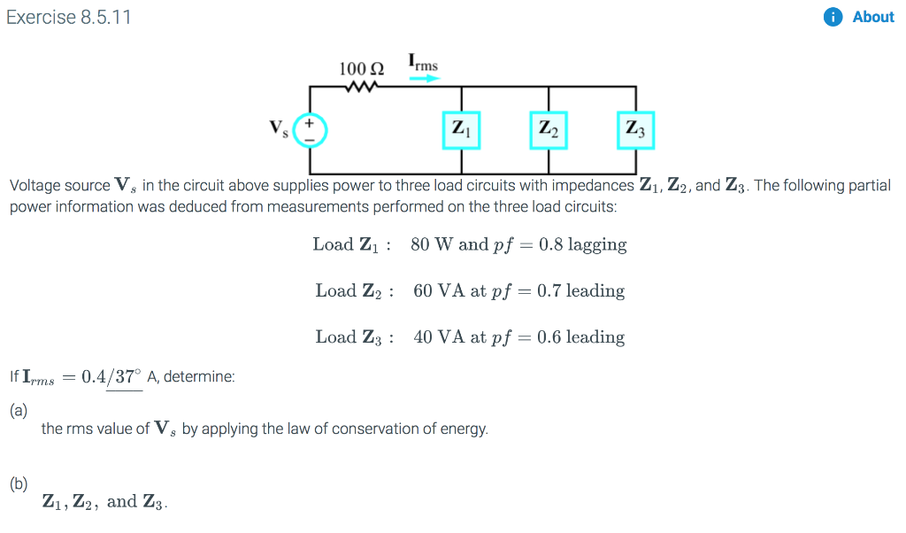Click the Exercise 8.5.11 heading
69,17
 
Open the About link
872,17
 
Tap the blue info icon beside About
833,17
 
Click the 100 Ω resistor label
361,69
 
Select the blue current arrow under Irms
424,78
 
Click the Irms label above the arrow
423,63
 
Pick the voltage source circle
311,130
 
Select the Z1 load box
460,130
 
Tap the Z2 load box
549,130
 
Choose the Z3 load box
635,130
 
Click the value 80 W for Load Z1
432,244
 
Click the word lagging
597,244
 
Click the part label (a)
19,410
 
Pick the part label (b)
19,483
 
